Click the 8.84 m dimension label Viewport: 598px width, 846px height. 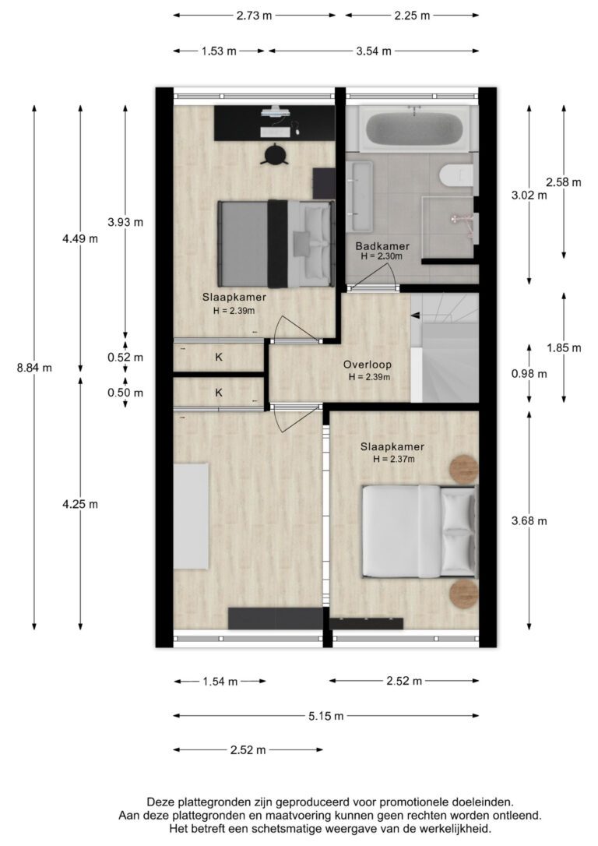(x=34, y=368)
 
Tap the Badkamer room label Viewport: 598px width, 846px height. (x=382, y=247)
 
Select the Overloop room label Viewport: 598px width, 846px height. (x=368, y=365)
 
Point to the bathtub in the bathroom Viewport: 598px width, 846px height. (x=414, y=129)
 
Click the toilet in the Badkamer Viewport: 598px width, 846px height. (x=456, y=174)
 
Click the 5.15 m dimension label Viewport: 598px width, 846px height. (x=325, y=716)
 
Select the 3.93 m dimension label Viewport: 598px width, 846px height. (x=125, y=222)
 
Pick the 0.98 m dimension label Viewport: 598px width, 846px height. (x=529, y=374)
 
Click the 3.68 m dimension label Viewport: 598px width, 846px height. (x=529, y=520)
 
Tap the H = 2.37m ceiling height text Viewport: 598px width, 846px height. (x=394, y=459)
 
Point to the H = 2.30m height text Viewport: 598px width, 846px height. (x=382, y=256)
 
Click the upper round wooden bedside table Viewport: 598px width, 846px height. (x=464, y=468)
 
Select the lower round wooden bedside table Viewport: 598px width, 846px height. (x=464, y=594)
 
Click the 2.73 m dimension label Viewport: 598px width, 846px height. (x=254, y=16)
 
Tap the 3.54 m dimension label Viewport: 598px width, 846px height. (x=374, y=51)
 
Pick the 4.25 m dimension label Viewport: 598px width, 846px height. (x=80, y=505)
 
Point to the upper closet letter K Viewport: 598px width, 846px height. (x=219, y=358)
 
